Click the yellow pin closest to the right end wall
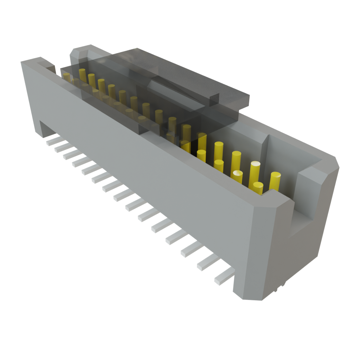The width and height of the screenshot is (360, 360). [275, 181]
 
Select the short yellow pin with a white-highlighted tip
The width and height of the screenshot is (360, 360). [237, 177]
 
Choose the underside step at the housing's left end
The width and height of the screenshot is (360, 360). [46, 129]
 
